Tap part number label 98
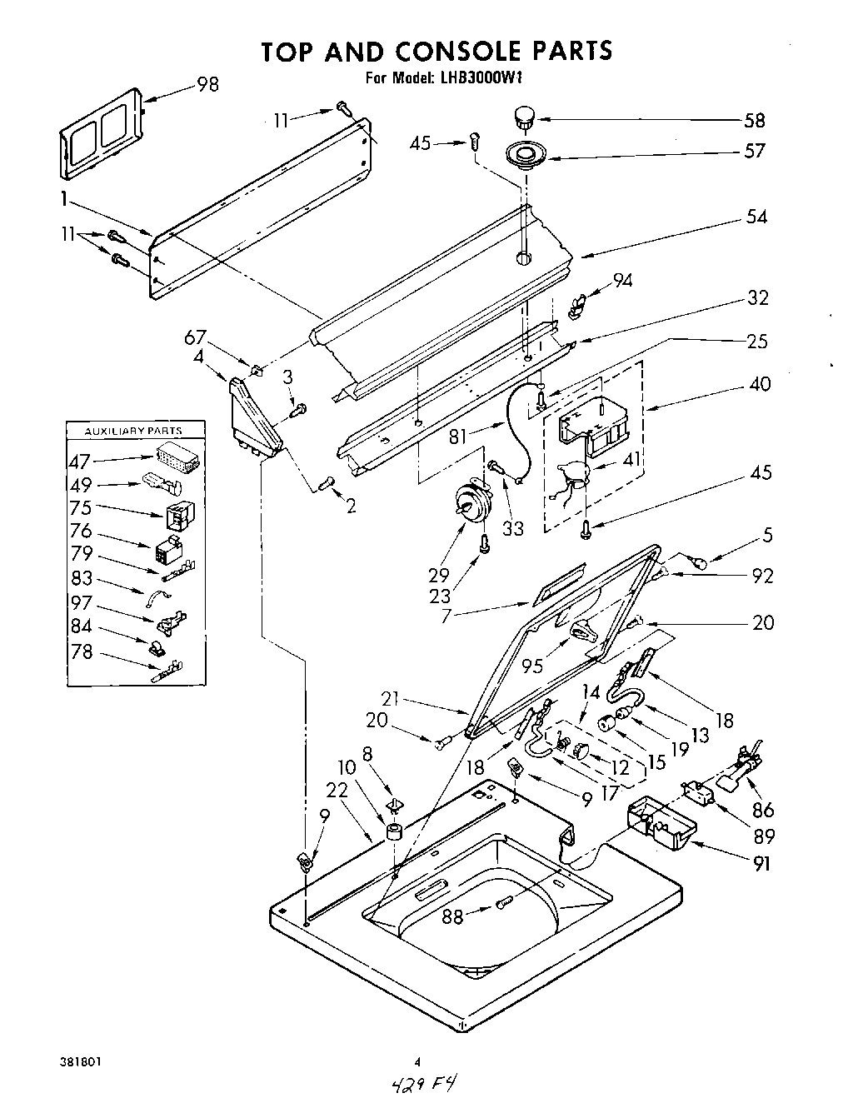[207, 84]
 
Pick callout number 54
[756, 217]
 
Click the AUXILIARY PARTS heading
[136, 431]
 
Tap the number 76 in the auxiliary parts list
[82, 532]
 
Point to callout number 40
[759, 384]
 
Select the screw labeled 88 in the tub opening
[503, 905]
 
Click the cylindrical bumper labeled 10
[394, 832]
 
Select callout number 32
[757, 297]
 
